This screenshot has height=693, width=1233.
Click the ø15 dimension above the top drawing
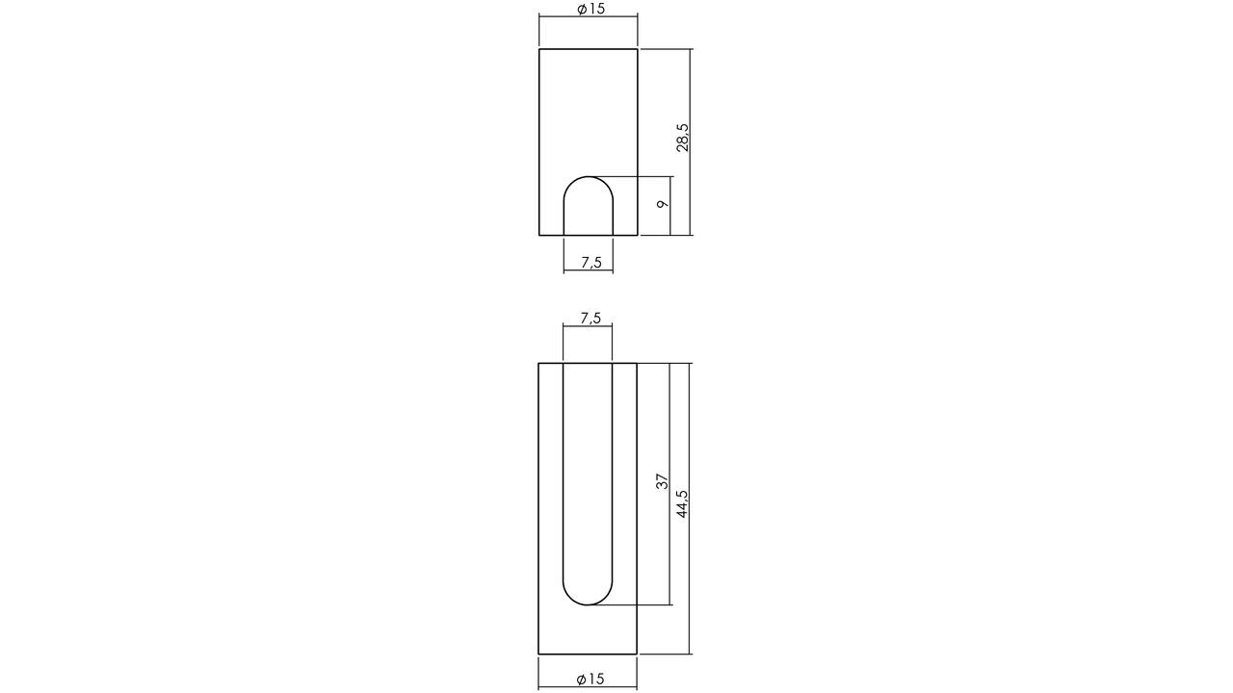[590, 9]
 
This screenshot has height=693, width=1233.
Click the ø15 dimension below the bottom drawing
[590, 680]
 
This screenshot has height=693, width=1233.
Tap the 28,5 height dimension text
[682, 138]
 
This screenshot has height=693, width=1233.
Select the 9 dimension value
[663, 203]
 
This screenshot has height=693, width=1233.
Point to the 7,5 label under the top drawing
[591, 263]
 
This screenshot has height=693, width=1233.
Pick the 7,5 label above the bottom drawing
[590, 318]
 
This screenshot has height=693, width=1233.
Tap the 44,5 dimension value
[682, 503]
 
